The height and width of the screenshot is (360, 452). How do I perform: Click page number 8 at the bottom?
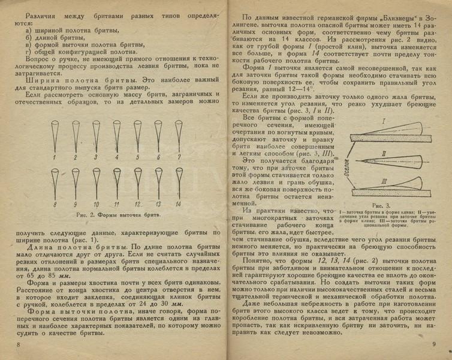point(19,344)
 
